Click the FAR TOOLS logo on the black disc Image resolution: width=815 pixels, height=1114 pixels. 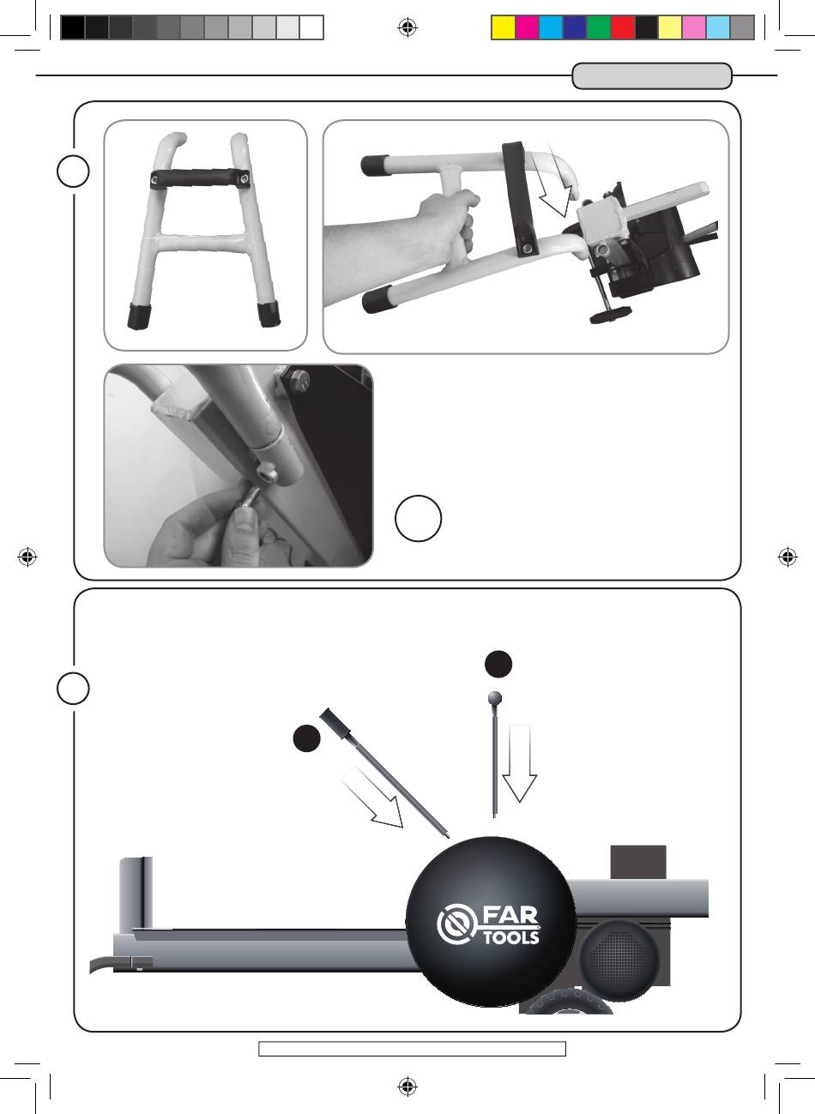[x=487, y=924]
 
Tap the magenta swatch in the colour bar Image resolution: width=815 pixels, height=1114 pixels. [x=527, y=27]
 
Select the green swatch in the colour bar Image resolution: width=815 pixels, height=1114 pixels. [x=599, y=27]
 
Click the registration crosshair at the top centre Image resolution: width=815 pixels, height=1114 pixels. [x=407, y=27]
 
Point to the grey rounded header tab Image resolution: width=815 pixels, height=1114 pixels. [x=652, y=76]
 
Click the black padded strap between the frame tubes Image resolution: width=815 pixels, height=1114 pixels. [x=200, y=178]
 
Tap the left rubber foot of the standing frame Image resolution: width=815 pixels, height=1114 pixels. [x=139, y=316]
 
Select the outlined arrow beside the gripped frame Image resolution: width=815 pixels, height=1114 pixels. [x=552, y=181]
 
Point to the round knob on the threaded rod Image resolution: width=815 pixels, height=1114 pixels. [x=611, y=315]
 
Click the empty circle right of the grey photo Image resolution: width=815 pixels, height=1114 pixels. [x=418, y=518]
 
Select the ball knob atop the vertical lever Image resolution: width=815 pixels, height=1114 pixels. [x=494, y=698]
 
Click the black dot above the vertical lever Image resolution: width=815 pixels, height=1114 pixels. [x=498, y=664]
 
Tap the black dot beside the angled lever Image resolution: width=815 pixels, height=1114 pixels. [x=306, y=738]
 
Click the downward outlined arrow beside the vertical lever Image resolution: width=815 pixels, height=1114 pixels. [x=520, y=763]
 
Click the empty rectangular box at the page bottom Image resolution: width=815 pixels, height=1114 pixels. [x=413, y=1049]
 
